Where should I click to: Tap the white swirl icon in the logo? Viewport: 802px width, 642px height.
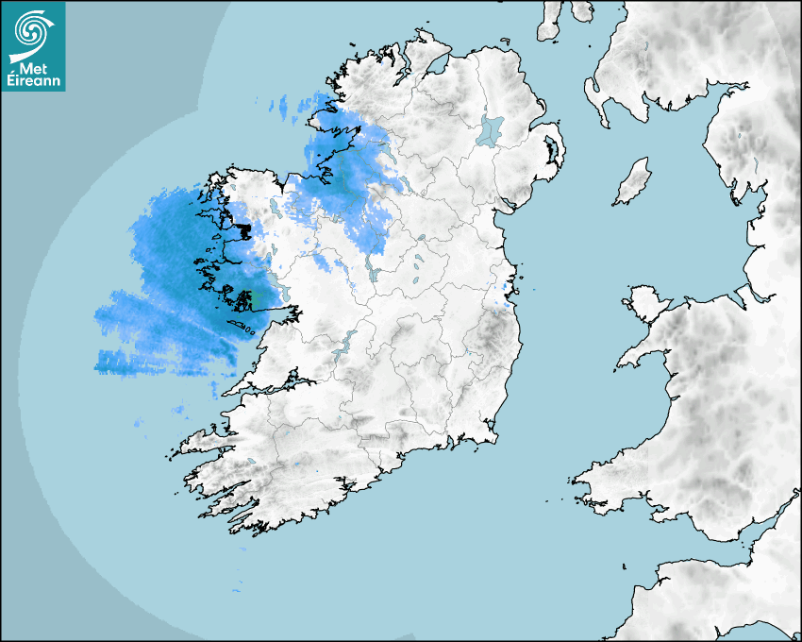(x=31, y=31)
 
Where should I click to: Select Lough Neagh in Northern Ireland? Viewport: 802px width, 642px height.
(x=491, y=129)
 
